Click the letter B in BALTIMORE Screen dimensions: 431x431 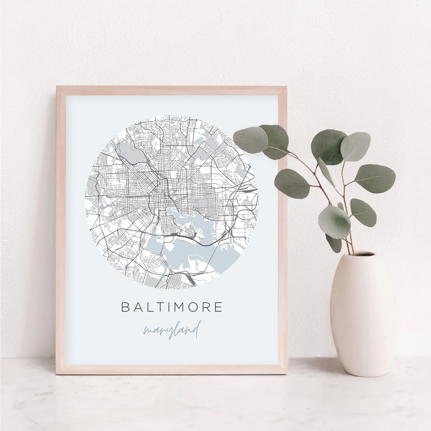pyautogui.click(x=125, y=307)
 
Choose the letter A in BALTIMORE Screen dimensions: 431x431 pyautogui.click(x=137, y=307)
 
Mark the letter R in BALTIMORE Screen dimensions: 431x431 pyautogui.click(x=205, y=307)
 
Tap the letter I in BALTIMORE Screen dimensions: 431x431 pyautogui.click(x=162, y=307)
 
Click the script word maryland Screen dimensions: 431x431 pyautogui.click(x=172, y=331)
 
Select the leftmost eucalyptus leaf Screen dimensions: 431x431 pyautogui.click(x=250, y=140)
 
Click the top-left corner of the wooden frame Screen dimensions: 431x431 pyautogui.click(x=57, y=87)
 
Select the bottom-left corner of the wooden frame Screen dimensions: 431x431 pyautogui.click(x=57, y=373)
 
